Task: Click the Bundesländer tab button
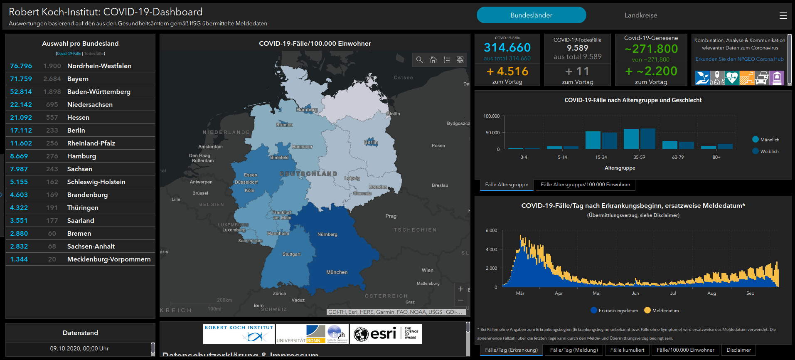click(531, 15)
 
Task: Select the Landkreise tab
click(640, 15)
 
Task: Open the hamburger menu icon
click(783, 16)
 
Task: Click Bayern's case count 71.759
click(21, 79)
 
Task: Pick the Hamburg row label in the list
click(81, 156)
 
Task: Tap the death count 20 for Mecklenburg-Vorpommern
click(52, 259)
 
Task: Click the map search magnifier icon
click(419, 60)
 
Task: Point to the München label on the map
click(337, 272)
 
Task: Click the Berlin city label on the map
click(371, 142)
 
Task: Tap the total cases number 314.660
click(507, 47)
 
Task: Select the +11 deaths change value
click(577, 72)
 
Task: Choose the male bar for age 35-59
click(631, 139)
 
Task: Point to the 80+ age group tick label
click(716, 158)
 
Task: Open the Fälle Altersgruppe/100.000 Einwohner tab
click(585, 185)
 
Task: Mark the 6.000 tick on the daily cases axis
click(491, 230)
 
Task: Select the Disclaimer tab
click(738, 350)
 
